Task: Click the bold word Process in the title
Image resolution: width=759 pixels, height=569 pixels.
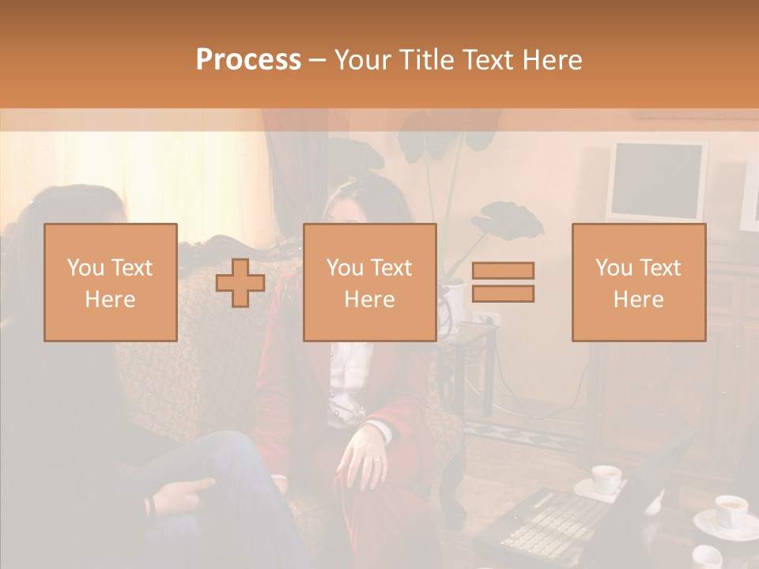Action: click(x=248, y=60)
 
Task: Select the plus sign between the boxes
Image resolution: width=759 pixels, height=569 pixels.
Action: click(x=240, y=283)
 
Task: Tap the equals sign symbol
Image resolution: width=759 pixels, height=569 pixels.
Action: click(x=503, y=282)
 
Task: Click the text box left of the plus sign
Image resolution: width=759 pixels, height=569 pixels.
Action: click(x=111, y=282)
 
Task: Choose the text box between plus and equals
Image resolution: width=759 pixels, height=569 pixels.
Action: click(x=369, y=282)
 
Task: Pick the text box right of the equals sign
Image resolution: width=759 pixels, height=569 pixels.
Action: click(x=638, y=282)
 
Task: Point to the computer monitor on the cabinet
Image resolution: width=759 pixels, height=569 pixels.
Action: click(x=656, y=182)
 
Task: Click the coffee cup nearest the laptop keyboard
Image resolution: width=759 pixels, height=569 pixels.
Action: click(x=606, y=479)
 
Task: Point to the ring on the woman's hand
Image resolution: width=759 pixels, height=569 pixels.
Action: click(x=376, y=459)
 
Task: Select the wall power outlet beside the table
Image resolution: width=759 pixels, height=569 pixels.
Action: click(x=483, y=319)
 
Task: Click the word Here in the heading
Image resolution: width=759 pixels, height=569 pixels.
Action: click(x=550, y=60)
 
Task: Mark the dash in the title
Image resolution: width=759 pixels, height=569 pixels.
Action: click(x=318, y=60)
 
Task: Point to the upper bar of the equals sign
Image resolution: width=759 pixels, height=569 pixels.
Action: click(x=503, y=271)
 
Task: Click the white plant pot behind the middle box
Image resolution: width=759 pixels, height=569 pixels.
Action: click(x=452, y=300)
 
